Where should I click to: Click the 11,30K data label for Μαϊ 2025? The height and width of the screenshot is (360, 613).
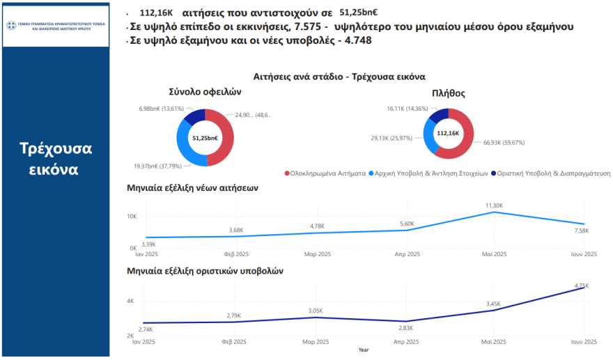tap(493, 205)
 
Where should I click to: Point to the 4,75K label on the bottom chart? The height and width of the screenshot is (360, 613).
tap(582, 285)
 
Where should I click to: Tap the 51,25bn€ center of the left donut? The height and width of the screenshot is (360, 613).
tap(205, 139)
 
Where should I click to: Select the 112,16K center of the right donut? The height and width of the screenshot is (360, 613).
tap(448, 133)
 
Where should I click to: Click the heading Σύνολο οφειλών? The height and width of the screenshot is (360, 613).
tap(205, 91)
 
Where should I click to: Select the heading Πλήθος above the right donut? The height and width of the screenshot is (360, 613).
tap(448, 93)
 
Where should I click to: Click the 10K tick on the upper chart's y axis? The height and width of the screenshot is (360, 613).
tap(131, 217)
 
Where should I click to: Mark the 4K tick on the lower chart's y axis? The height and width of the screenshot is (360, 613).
tap(130, 301)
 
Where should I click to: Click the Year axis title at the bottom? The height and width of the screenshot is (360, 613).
tap(363, 350)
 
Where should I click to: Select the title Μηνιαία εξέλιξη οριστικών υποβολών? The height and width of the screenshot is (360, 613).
tap(205, 270)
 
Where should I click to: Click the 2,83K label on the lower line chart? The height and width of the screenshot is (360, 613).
tap(405, 327)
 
